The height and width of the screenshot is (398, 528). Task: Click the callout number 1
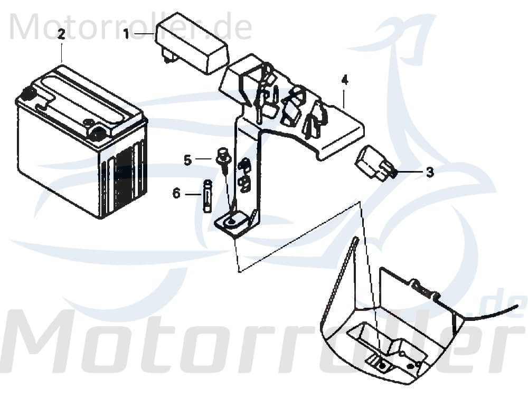126,34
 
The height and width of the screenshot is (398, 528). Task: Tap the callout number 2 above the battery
61,34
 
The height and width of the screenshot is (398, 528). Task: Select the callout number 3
430,173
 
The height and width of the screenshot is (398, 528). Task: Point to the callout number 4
344,80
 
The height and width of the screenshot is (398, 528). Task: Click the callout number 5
188,159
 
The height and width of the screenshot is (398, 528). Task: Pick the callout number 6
176,194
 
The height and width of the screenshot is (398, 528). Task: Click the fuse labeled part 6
207,196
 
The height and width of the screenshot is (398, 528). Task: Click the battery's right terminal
97,133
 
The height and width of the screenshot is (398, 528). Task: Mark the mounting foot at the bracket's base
235,223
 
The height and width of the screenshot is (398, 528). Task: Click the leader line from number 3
410,172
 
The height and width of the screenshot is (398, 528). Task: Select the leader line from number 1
144,34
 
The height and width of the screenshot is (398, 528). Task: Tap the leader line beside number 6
192,194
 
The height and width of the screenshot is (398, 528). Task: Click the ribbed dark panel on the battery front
124,177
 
